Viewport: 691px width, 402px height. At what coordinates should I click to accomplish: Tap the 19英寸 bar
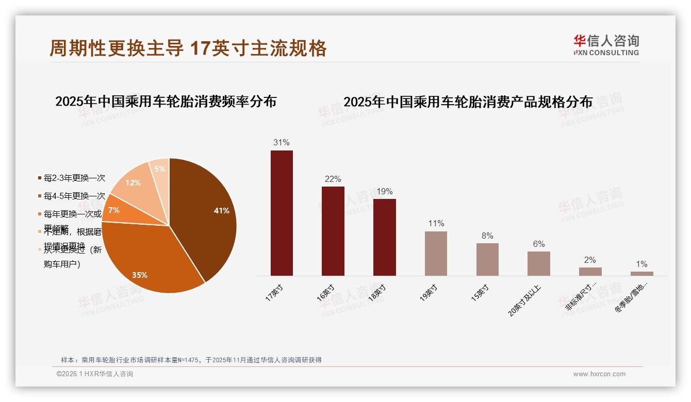click(x=436, y=253)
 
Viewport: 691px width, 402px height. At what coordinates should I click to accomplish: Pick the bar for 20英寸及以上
click(x=538, y=263)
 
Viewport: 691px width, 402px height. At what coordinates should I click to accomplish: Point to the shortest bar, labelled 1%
click(x=641, y=274)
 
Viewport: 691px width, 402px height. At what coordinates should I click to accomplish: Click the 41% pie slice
click(x=206, y=211)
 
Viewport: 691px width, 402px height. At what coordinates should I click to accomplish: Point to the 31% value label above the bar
click(x=282, y=142)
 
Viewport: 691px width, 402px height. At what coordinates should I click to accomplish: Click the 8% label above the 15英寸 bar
click(x=487, y=236)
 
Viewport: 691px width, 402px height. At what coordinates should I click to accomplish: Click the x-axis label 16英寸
click(x=326, y=292)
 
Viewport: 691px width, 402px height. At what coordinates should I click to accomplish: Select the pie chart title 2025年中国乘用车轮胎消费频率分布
click(x=166, y=101)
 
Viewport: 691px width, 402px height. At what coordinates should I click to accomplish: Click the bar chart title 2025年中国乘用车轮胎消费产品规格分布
click(x=468, y=102)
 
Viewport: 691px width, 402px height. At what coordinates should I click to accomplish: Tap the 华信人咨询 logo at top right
click(x=606, y=45)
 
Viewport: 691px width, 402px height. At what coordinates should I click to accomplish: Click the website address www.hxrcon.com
click(x=599, y=374)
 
